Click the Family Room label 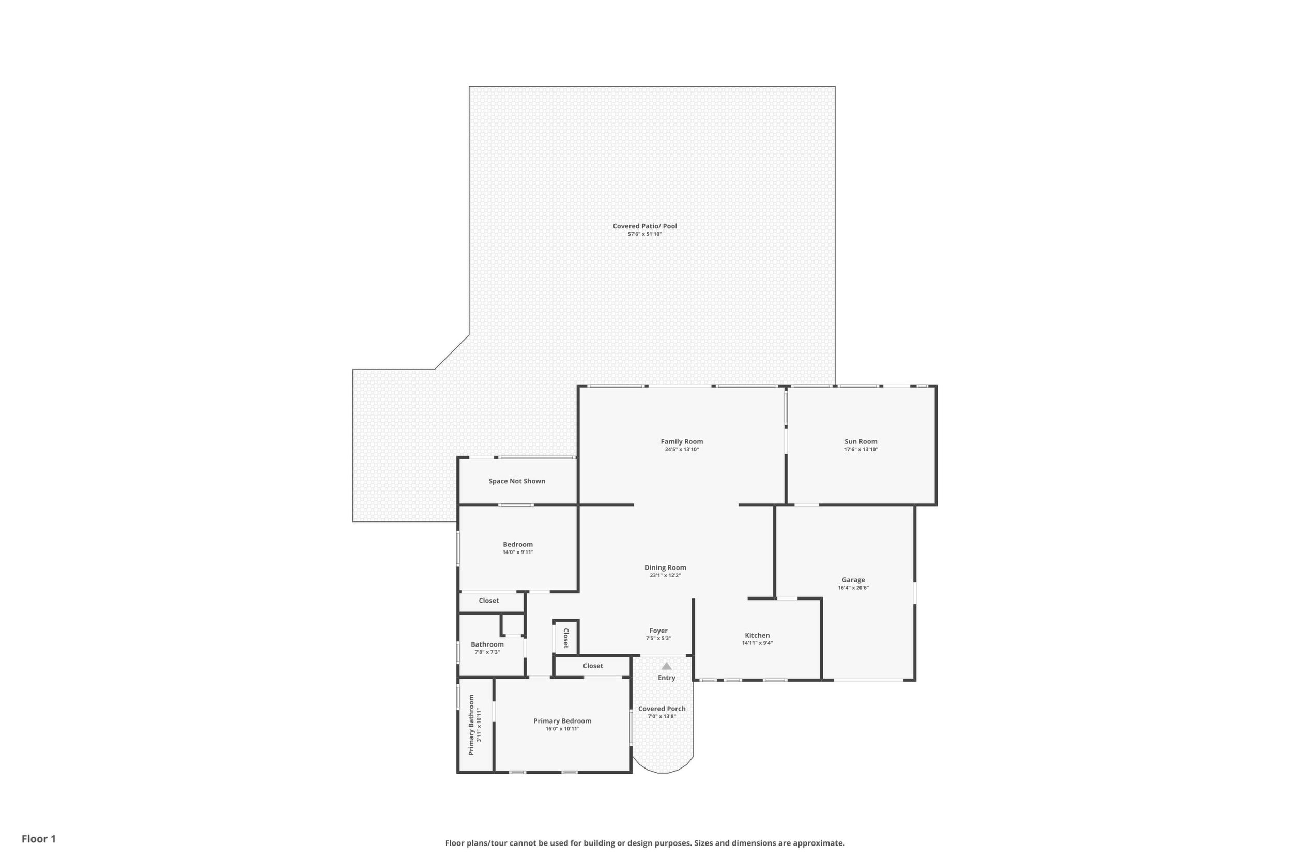click(682, 441)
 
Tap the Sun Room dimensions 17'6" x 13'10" click(861, 449)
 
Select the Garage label click(853, 580)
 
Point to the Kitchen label click(758, 635)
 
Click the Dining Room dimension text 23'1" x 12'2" click(665, 575)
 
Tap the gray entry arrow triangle click(666, 666)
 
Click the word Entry click(666, 678)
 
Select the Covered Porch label click(662, 709)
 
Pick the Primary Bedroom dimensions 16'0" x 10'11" click(562, 729)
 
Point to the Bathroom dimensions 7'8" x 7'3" click(487, 652)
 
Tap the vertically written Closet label click(565, 638)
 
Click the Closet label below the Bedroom click(489, 601)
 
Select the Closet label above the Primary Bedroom click(593, 666)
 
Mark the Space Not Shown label click(517, 481)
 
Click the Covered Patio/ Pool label click(645, 226)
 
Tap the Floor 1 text click(39, 839)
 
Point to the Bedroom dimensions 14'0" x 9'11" click(518, 552)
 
